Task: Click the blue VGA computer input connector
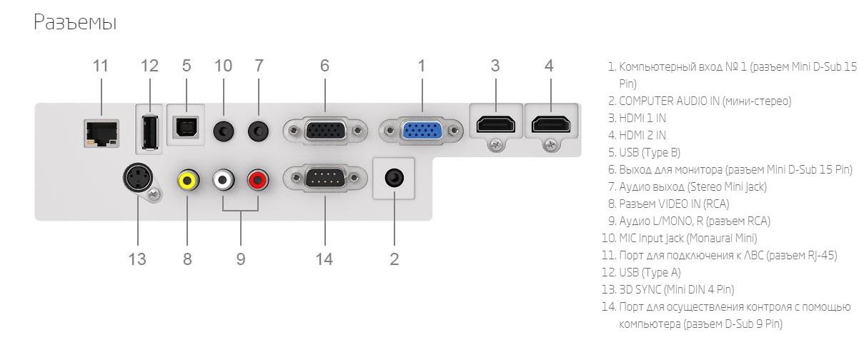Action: coord(421,131)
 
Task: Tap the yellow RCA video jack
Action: coord(188,179)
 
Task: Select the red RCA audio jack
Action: coord(258,179)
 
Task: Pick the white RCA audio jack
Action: coord(223,179)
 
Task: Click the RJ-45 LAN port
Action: coord(101,134)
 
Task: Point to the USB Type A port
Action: coord(149,132)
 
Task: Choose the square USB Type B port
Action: coord(187,127)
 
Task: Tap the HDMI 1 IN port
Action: coord(496,124)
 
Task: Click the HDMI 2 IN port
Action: coord(550,124)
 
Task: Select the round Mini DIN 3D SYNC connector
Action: coord(138,178)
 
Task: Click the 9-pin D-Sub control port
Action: coord(324,178)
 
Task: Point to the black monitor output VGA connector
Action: coord(324,131)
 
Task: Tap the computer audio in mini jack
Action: coord(394,178)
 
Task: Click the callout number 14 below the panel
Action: coord(324,259)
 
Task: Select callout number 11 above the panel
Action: coord(100,66)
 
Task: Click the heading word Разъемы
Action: coord(75,21)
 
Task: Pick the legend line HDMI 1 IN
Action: coord(642,118)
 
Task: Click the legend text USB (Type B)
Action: coord(650,153)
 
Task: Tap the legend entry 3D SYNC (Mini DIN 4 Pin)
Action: coord(677,289)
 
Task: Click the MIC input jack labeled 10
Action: coord(224,131)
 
